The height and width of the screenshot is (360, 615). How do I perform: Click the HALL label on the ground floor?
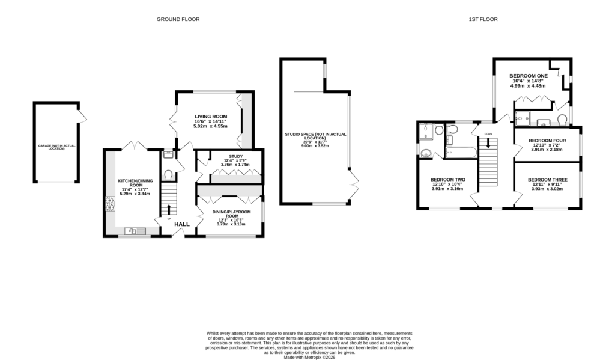coord(182,224)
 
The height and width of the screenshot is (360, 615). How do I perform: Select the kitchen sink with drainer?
coord(132,231)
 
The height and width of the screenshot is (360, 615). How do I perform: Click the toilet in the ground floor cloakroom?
coord(168,175)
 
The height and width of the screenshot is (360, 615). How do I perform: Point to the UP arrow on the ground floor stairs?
coord(169,209)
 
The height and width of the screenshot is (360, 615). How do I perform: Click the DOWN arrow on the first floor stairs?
coord(488,143)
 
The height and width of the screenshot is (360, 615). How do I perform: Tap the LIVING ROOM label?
coord(210,116)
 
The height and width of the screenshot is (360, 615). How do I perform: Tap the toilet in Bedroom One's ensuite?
coord(563,120)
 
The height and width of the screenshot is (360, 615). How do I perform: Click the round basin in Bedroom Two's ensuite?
coord(427,152)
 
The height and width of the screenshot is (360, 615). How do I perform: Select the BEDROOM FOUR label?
coord(547,141)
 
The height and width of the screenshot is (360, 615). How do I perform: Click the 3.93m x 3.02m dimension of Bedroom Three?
coord(547,189)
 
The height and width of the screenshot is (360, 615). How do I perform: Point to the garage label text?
coord(56,147)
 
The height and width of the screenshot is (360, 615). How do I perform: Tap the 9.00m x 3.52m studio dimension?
coord(315,145)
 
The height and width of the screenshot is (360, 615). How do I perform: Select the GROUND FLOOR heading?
coord(178,19)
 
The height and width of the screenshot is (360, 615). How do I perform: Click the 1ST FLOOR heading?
coord(483,19)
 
